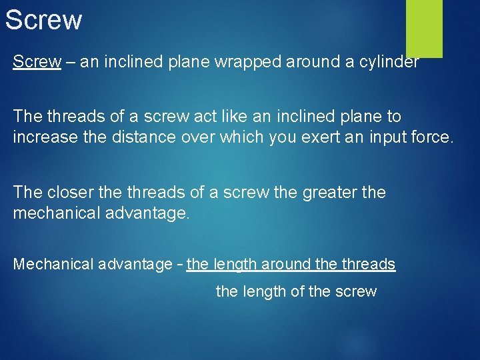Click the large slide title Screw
[43, 19]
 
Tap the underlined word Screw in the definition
[37, 63]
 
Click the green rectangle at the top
[424, 28]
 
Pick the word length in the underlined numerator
[237, 265]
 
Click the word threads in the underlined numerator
[369, 265]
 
